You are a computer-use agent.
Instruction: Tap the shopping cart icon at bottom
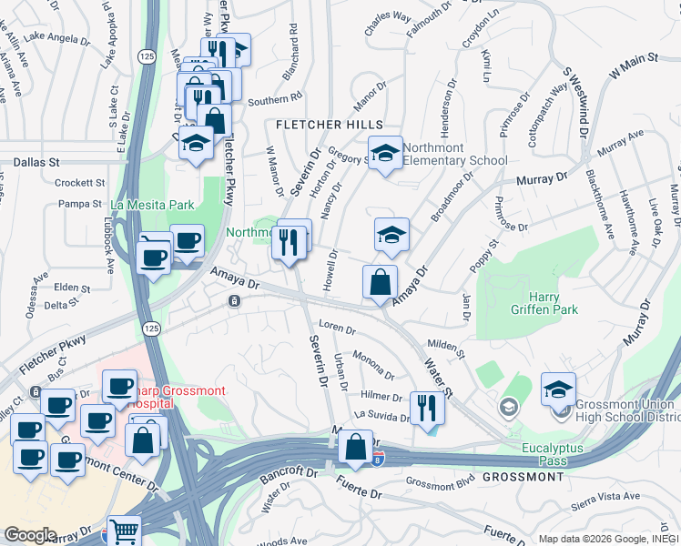point(124,531)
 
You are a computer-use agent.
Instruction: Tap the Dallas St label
point(36,161)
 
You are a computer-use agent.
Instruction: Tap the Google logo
point(29,535)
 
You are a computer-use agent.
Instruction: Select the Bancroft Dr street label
point(286,474)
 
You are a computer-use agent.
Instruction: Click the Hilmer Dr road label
point(381,396)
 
